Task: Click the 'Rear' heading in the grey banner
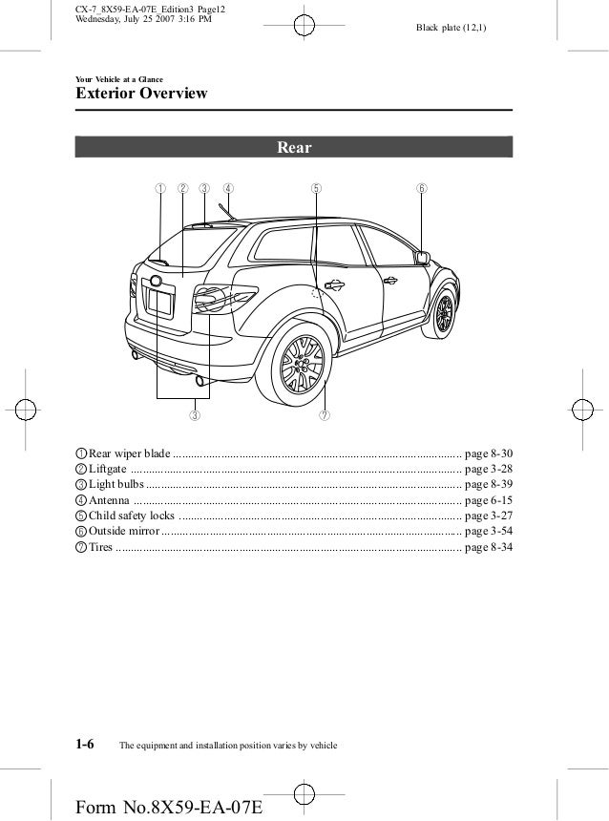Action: click(x=294, y=147)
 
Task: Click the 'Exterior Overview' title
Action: click(x=135, y=95)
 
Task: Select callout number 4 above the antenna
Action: click(x=228, y=188)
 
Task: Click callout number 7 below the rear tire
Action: click(x=325, y=415)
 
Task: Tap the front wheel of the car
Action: click(x=442, y=312)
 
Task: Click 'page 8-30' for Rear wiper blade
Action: click(x=488, y=453)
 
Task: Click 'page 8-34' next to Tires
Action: click(x=488, y=547)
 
